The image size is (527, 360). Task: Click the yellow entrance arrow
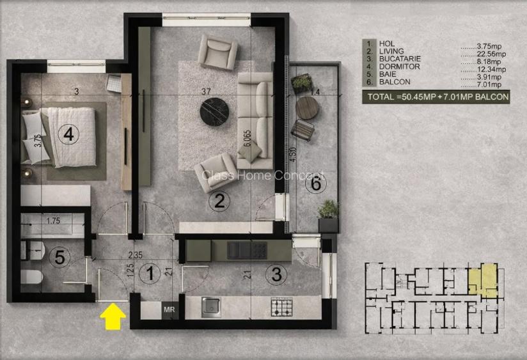[114, 315]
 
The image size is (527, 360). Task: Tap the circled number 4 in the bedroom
[68, 134]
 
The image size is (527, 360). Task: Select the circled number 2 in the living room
[219, 203]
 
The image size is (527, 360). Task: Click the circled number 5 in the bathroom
[59, 258]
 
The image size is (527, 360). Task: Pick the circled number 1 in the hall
[149, 275]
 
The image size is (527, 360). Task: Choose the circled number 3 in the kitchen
[276, 276]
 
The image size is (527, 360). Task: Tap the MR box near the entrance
[170, 309]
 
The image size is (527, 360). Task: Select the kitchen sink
[211, 307]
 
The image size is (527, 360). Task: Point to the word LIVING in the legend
[391, 51]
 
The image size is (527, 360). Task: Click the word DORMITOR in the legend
[399, 67]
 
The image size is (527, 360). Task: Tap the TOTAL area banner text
[437, 97]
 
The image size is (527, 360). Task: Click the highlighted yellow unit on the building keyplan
[481, 279]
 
